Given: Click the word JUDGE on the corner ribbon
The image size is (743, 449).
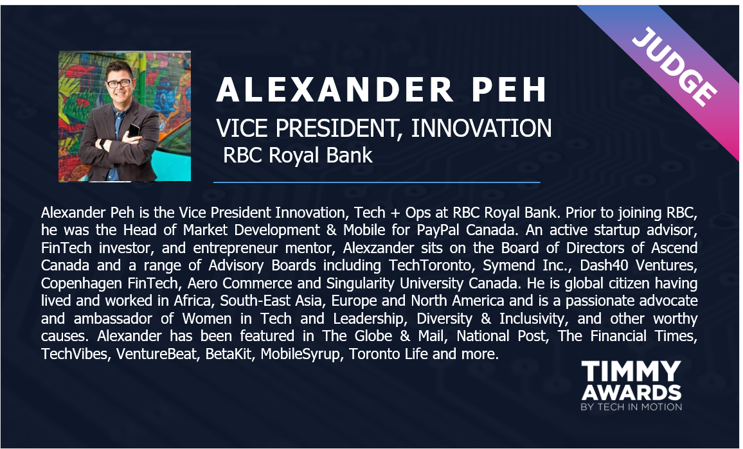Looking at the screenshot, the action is coord(674,67).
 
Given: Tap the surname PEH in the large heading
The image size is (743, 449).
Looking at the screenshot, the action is coord(510,89).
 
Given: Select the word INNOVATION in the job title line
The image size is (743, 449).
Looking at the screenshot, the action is coord(481,128).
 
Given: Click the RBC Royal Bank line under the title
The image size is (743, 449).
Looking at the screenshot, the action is coord(298,155).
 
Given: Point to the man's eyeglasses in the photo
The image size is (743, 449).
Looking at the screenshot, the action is coord(119,84).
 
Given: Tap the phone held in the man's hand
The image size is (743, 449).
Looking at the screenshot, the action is coord(134,129).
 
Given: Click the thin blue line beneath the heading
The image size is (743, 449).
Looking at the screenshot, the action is coord(377,182).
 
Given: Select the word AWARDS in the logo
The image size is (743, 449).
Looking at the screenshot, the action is coord(631,392).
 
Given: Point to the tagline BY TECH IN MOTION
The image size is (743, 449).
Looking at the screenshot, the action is coord(631,407).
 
